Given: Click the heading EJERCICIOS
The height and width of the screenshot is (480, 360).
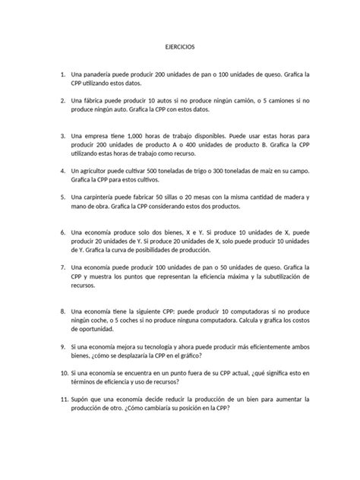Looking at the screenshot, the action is tap(180, 47).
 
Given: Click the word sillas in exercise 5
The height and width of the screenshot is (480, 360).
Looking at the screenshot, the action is tap(180, 198).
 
